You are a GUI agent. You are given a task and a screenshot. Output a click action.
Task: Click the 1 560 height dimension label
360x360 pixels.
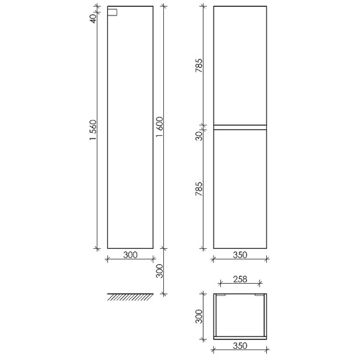tap(94, 130)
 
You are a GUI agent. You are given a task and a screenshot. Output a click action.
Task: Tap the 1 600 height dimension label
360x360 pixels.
tap(160, 127)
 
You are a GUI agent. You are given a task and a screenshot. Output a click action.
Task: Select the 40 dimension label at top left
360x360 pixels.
tap(93, 19)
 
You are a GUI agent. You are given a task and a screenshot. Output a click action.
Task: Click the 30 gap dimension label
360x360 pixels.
tap(199, 136)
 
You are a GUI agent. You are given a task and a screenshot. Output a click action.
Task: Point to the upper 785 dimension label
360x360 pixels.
tap(199, 66)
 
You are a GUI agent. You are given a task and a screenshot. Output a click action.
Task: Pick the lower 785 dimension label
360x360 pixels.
tap(199, 189)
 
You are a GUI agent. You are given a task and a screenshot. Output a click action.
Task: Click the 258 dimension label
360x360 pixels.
tap(240, 279)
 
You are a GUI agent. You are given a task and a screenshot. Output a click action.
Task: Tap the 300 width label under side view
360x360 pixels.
tap(130, 255)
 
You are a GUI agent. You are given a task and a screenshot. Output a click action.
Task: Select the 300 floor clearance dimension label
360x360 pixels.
tap(160, 271)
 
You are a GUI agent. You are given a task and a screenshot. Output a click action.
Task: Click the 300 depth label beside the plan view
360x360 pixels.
tap(199, 317)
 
